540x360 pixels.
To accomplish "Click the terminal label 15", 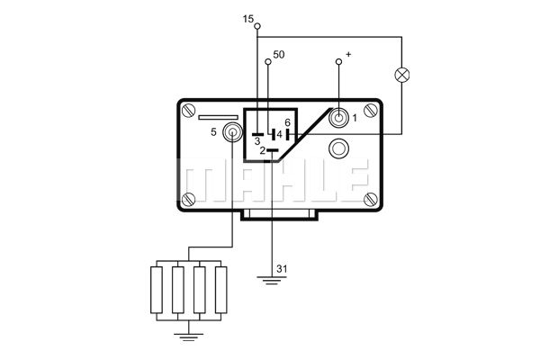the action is [x=247, y=19].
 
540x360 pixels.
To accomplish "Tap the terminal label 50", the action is [x=279, y=54].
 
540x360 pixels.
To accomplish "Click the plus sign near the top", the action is [x=348, y=54].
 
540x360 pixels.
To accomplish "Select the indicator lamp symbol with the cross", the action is [x=401, y=75].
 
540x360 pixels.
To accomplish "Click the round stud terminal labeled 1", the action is [x=338, y=118].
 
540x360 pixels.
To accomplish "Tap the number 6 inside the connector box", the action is [x=288, y=122].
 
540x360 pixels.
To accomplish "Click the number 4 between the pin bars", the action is [x=279, y=135].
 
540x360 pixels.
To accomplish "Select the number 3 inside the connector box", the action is [x=257, y=141].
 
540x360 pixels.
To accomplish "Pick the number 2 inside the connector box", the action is [x=263, y=150].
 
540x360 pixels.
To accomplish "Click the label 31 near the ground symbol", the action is [x=282, y=269].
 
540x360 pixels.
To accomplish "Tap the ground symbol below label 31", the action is [x=272, y=281].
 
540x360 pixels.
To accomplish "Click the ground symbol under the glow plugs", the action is [x=188, y=337].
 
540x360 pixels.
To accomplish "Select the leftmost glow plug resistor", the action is [x=157, y=290].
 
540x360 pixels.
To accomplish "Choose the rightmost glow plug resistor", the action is [x=220, y=290].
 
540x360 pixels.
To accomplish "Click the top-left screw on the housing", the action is [x=189, y=111].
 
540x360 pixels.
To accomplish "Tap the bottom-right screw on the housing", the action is [x=371, y=200].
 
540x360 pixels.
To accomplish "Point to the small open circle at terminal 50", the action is [x=268, y=62].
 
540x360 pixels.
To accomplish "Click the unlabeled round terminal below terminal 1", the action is [x=338, y=148].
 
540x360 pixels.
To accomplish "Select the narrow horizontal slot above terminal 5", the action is [x=219, y=118].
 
